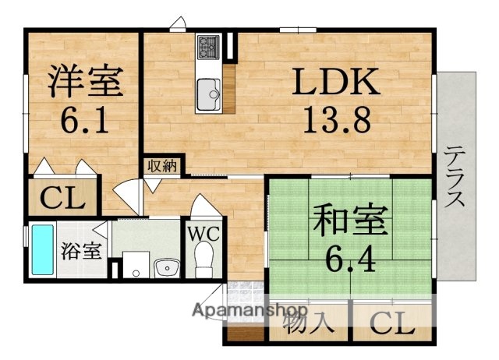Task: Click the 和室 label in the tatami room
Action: [350, 222]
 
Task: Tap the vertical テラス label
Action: [456, 176]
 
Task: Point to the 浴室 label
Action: [80, 251]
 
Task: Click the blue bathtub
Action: [41, 251]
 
